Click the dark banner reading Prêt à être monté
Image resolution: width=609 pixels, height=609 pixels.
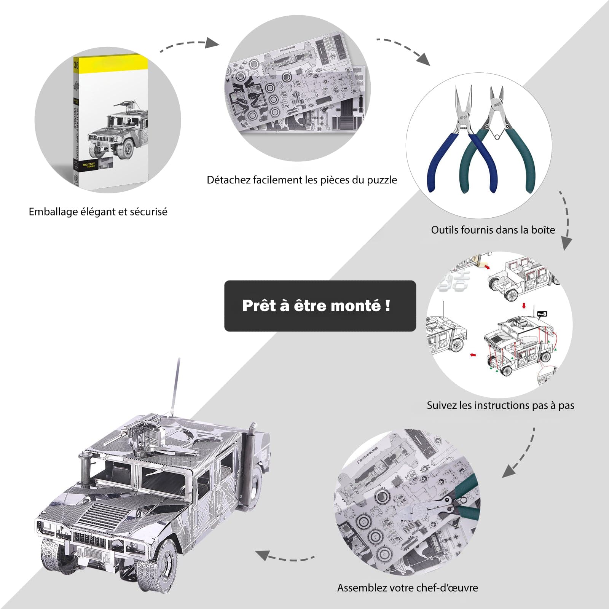pyautogui.click(x=320, y=306)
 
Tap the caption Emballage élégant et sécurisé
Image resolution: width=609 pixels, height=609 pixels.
pyautogui.click(x=98, y=212)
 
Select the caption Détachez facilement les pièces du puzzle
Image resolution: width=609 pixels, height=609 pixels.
pyautogui.click(x=301, y=180)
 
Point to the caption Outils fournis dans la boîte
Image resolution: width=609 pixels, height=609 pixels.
pyautogui.click(x=493, y=230)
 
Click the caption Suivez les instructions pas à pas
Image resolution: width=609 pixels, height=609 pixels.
pyautogui.click(x=500, y=405)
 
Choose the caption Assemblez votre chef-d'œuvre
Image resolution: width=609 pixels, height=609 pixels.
pyautogui.click(x=407, y=588)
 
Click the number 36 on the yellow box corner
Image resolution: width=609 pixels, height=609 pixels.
pyautogui.click(x=76, y=65)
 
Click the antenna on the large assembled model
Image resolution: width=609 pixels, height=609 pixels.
pyautogui.click(x=176, y=384)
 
